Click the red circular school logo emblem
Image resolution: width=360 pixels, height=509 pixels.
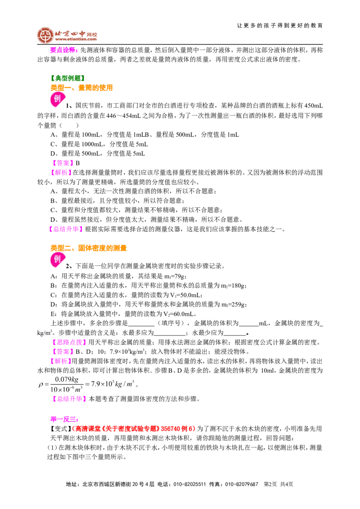tap(45, 35)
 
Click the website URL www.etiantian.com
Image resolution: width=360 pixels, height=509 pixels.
tap(76, 39)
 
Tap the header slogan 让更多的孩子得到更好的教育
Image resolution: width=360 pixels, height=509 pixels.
tap(280, 25)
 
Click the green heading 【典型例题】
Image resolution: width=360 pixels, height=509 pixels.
tap(68, 78)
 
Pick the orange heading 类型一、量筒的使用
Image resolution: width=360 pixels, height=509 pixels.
tap(81, 88)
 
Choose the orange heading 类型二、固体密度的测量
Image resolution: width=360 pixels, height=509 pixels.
tap(88, 248)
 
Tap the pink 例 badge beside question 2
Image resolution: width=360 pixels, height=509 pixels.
tap(58, 260)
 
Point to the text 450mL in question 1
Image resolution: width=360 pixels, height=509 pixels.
tap(314, 106)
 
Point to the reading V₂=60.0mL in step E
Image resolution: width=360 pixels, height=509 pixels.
tap(179, 314)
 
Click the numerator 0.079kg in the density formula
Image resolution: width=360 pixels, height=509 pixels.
tap(67, 379)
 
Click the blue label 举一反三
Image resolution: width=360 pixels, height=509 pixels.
tap(64, 419)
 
